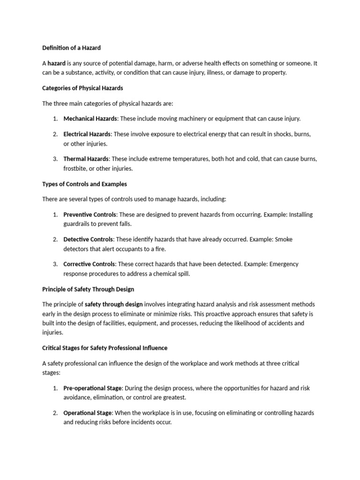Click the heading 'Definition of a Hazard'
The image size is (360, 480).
coord(71,48)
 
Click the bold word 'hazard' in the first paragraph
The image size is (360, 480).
coord(56,63)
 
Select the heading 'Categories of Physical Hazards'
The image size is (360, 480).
coord(82,88)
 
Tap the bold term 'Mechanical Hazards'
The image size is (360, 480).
coord(90,119)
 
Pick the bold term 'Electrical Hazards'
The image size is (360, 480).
coord(87,134)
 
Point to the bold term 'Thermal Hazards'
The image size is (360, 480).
coord(86,159)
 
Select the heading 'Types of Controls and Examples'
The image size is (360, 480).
coord(84,184)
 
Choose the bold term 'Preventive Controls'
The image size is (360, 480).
coord(90,215)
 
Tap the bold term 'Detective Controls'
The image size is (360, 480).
coord(88,240)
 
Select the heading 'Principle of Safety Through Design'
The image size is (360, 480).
coord(88,289)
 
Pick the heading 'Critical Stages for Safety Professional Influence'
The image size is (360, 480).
coord(105,348)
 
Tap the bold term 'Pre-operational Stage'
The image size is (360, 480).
coord(92,388)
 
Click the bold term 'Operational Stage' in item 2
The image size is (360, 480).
coord(88,413)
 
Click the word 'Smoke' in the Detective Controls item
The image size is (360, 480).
coord(284,240)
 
